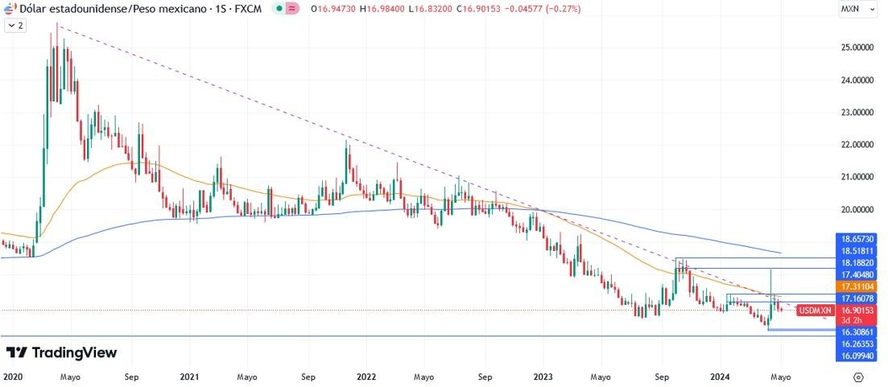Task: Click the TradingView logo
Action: click(61, 352)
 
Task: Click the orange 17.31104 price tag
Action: click(857, 286)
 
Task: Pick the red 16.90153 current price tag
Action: click(857, 310)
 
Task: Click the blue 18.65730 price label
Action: click(857, 240)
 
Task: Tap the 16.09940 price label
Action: click(857, 355)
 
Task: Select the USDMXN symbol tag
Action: click(815, 311)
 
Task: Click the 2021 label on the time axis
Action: click(189, 376)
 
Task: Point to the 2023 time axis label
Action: click(543, 376)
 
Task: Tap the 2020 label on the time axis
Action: click(13, 376)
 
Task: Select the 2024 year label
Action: click(721, 376)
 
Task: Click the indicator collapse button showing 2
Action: click(15, 26)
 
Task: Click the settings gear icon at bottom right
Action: click(858, 376)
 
